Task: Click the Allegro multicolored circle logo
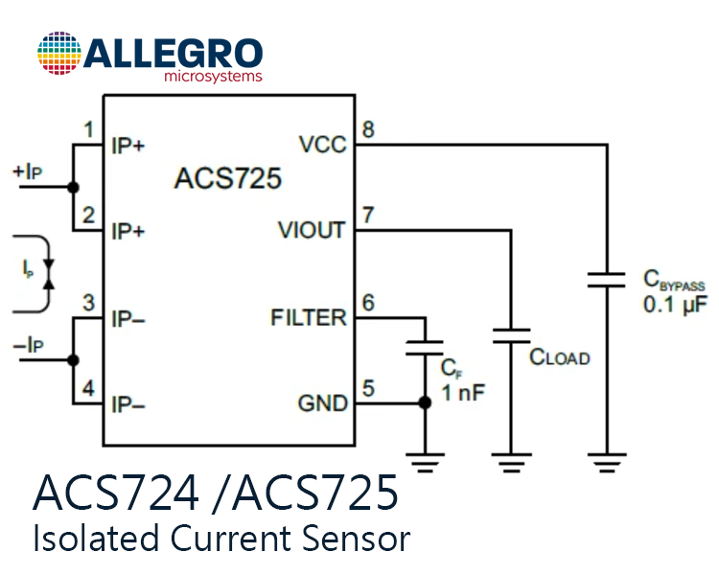[59, 53]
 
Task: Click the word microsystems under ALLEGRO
[213, 76]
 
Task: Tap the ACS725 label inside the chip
[228, 178]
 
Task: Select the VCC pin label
[323, 145]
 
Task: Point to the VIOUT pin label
[312, 230]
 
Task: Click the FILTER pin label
[309, 317]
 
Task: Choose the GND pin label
[323, 403]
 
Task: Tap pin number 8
[368, 129]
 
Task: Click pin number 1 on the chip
[89, 129]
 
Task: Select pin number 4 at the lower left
[88, 388]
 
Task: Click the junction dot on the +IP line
[73, 187]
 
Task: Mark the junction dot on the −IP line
[73, 360]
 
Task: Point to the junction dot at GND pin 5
[425, 403]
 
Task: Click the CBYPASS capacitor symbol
[607, 280]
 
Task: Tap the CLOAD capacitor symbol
[511, 335]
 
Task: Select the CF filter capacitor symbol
[425, 348]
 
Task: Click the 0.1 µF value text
[676, 305]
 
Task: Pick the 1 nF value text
[463, 393]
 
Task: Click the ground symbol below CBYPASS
[607, 463]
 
